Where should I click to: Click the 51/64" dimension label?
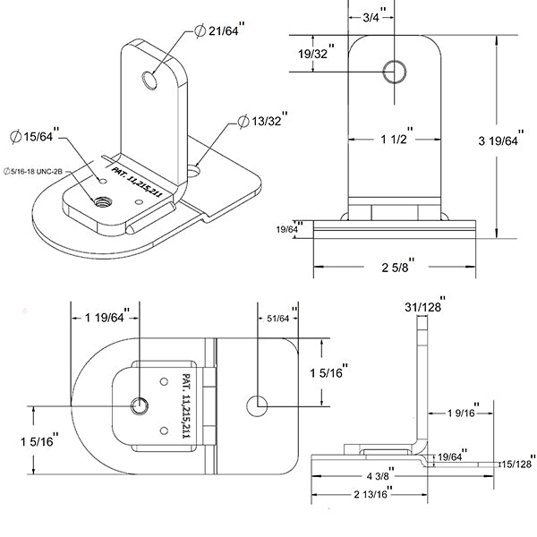click(278, 318)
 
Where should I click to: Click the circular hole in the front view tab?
click(394, 71)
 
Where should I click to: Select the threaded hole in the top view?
click(140, 407)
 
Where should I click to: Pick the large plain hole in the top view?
click(259, 405)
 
